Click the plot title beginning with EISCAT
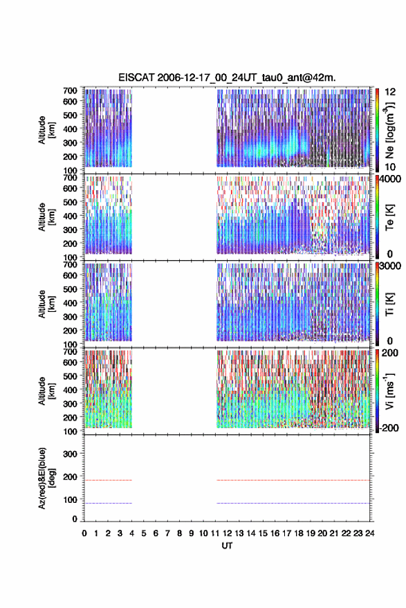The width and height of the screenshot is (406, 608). point(227,77)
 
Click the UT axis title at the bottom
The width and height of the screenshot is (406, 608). point(227,546)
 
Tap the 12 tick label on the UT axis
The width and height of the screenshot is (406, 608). point(227,533)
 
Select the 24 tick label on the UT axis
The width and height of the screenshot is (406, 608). point(369,533)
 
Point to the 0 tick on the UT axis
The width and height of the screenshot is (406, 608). point(84,533)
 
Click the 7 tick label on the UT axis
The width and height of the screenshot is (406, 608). point(167,533)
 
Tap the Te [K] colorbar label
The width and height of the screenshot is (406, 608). point(389,217)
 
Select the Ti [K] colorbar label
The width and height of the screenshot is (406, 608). point(389,304)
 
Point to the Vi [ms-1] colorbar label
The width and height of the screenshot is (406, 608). point(389,391)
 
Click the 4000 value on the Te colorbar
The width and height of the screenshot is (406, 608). point(391,179)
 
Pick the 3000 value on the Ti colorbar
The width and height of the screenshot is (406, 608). point(391,266)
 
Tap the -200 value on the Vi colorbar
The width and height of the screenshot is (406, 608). point(389,428)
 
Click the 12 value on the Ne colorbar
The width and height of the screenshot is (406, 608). point(390,92)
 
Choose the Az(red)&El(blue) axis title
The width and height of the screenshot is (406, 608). point(46,478)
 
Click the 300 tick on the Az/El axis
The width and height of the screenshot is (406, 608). point(70,454)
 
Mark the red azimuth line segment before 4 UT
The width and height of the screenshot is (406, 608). point(108,480)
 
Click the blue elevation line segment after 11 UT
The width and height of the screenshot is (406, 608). point(293,504)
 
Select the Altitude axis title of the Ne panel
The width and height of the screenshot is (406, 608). point(46,130)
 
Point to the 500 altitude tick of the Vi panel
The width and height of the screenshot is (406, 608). point(70,376)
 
